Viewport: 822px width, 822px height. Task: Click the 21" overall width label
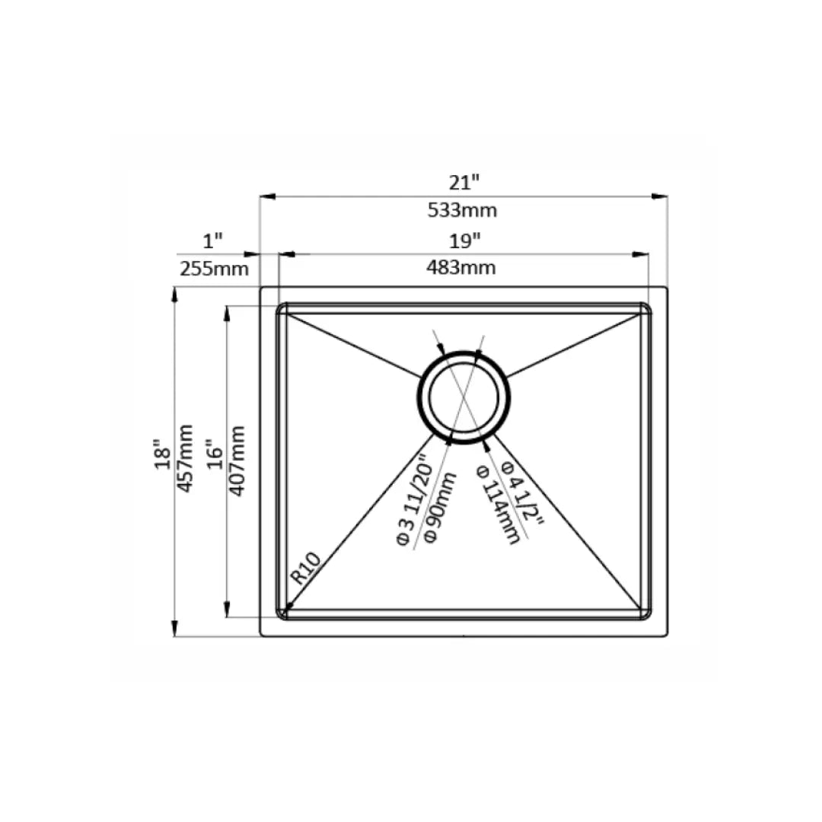464,183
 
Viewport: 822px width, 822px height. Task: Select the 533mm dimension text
462,210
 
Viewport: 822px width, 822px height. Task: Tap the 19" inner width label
464,241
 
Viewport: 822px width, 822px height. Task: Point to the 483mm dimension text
460,268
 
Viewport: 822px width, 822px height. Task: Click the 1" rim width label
213,241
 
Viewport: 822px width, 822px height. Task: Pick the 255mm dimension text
214,269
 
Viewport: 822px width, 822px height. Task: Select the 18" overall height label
163,454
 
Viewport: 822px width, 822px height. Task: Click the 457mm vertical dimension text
184,458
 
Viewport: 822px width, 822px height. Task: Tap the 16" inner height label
215,454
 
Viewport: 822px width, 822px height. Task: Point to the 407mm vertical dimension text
237,460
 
